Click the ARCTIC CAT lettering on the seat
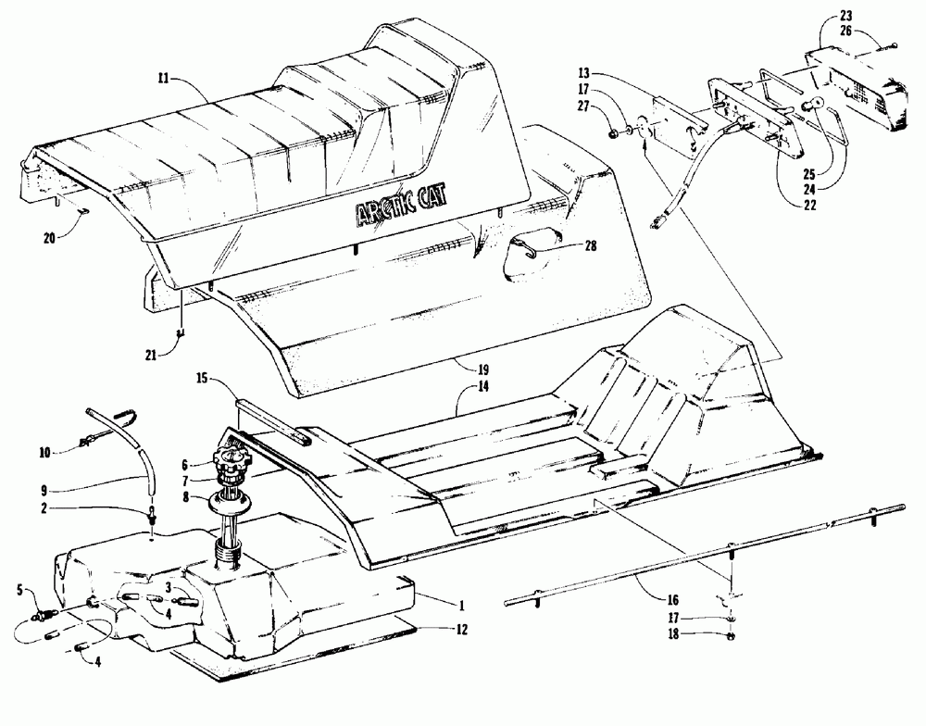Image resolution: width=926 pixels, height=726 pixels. point(404,212)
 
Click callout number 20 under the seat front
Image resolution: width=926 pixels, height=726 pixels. point(52,238)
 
